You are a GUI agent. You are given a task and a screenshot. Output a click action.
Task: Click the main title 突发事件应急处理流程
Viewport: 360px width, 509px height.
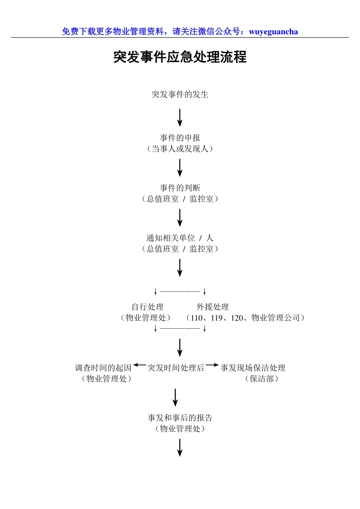pos(180,57)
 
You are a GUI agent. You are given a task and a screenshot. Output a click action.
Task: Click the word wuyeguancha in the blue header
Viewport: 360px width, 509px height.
pos(273,32)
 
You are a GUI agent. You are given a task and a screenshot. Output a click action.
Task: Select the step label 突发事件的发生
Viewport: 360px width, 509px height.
pos(180,94)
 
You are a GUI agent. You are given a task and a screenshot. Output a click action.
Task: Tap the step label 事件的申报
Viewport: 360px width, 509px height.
pos(180,138)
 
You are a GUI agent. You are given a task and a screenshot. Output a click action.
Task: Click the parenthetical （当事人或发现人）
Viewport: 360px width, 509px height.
pos(180,149)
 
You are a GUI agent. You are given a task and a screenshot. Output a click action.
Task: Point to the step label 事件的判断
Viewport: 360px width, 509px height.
pos(180,188)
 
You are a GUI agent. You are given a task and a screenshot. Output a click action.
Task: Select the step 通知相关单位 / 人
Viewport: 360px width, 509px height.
pos(180,238)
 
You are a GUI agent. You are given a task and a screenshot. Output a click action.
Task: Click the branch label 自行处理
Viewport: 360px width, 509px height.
pos(147,307)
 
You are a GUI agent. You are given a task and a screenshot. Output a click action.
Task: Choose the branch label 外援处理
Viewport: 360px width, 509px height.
pos(213,307)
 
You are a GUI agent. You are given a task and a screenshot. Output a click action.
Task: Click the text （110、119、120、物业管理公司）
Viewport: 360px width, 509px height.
pos(245,318)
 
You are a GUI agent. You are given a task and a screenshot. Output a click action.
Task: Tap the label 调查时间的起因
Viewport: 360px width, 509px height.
pos(103,368)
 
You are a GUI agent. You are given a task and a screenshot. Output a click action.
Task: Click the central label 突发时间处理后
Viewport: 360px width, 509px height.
pos(176,368)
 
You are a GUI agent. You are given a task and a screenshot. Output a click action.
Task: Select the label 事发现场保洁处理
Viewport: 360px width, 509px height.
pos(253,368)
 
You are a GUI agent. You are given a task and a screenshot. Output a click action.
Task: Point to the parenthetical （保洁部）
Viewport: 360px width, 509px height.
pos(262,379)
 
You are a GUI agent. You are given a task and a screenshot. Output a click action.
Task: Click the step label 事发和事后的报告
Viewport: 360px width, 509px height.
pos(180,418)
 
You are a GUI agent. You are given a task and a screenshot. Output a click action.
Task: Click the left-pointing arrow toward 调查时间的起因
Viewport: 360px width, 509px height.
pos(139,365)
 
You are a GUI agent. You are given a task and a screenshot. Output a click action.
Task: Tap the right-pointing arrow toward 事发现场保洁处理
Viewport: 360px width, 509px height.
pos(212,365)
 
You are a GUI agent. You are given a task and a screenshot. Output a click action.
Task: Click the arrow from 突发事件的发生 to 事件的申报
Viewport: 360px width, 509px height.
pos(180,118)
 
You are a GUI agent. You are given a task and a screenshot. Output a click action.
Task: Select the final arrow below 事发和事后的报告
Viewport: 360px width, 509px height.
pos(180,448)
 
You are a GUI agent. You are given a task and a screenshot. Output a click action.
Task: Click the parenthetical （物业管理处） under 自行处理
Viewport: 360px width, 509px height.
pos(146,318)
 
